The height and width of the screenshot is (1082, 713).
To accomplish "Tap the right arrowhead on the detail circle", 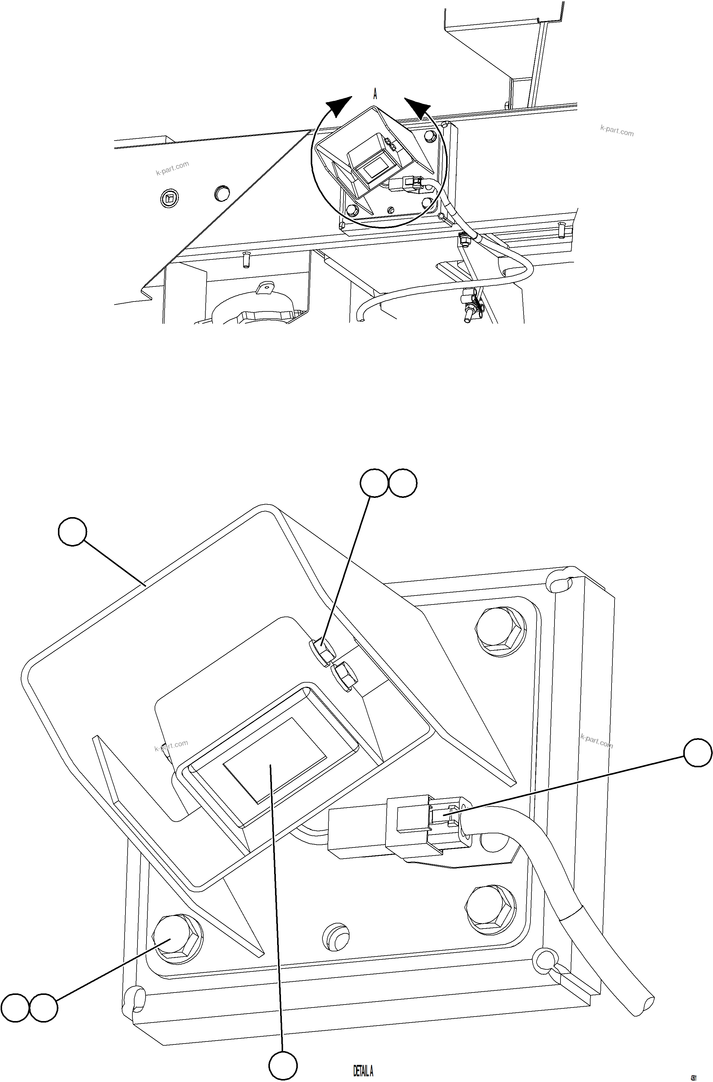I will (417, 107).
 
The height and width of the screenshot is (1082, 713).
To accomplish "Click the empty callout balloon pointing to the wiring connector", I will (698, 753).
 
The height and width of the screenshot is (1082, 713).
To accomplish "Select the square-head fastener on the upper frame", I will (170, 198).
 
